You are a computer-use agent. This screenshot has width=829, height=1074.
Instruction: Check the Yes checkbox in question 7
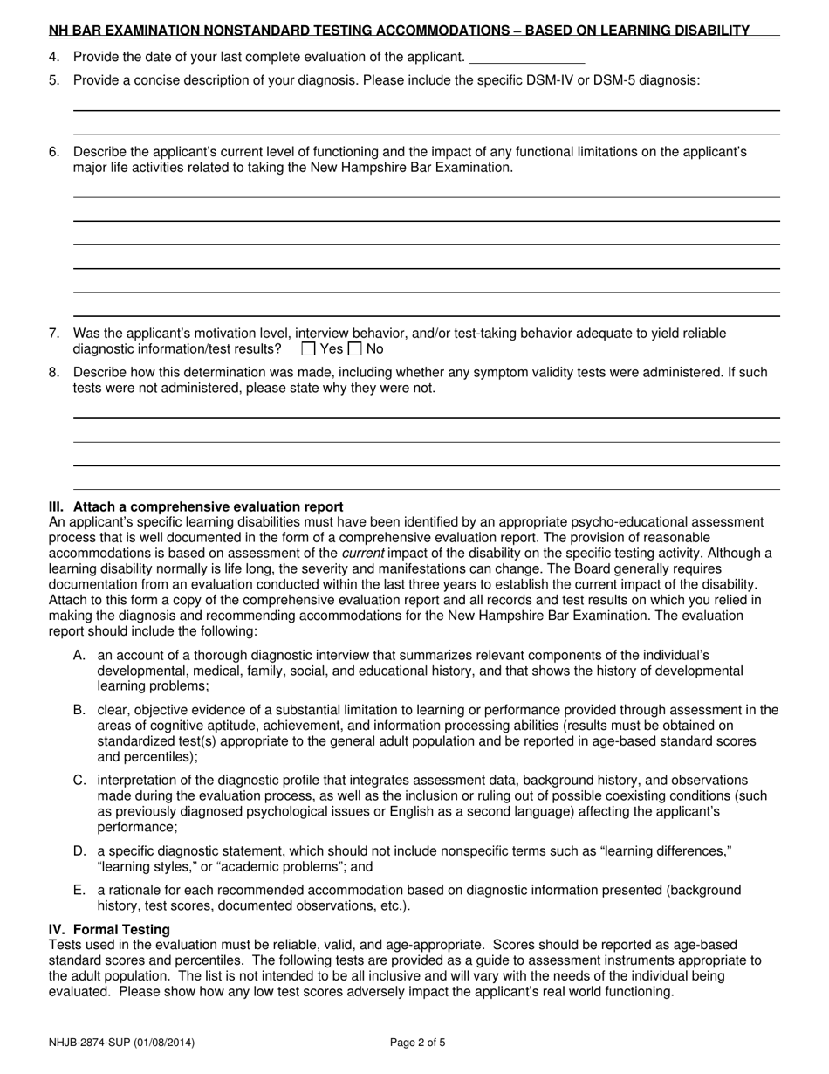[x=308, y=349]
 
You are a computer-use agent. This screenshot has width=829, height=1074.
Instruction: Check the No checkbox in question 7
[x=354, y=349]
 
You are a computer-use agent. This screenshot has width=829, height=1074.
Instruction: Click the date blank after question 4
[x=526, y=58]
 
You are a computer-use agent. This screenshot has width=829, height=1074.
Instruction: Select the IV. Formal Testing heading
[x=109, y=929]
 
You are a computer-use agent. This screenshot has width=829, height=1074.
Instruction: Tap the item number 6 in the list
[x=54, y=152]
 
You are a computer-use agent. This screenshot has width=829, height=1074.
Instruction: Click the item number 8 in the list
[x=54, y=372]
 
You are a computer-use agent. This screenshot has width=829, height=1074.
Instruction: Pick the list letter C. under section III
[x=80, y=780]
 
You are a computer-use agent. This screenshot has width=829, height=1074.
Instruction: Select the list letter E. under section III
[x=80, y=890]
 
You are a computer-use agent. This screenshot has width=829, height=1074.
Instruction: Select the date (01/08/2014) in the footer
[x=164, y=1042]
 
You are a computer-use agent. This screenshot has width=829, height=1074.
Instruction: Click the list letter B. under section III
[x=80, y=710]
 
